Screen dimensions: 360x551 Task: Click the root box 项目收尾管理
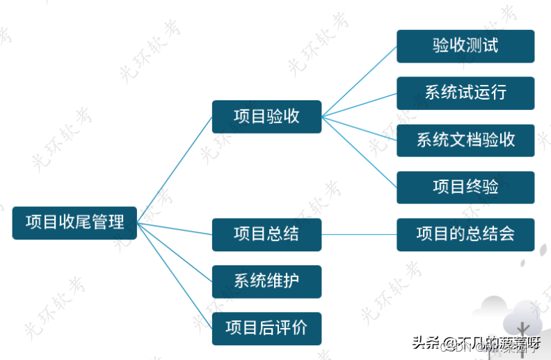74,223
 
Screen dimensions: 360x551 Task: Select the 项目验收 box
266,116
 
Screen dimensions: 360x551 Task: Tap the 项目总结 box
266,234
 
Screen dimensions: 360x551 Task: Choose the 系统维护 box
266,281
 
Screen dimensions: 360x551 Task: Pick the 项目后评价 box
266,328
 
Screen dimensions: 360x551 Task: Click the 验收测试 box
465,46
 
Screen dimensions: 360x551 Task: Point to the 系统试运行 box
465,93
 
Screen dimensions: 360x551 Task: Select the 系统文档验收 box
465,140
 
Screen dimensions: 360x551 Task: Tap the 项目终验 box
465,187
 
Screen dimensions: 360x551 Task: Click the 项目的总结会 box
465,234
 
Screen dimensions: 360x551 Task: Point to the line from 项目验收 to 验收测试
359,81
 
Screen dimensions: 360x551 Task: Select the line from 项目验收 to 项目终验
359,152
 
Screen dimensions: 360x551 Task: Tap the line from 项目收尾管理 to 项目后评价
174,274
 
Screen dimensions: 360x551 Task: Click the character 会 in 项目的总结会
506,234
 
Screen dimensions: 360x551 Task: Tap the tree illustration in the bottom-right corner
518,320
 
